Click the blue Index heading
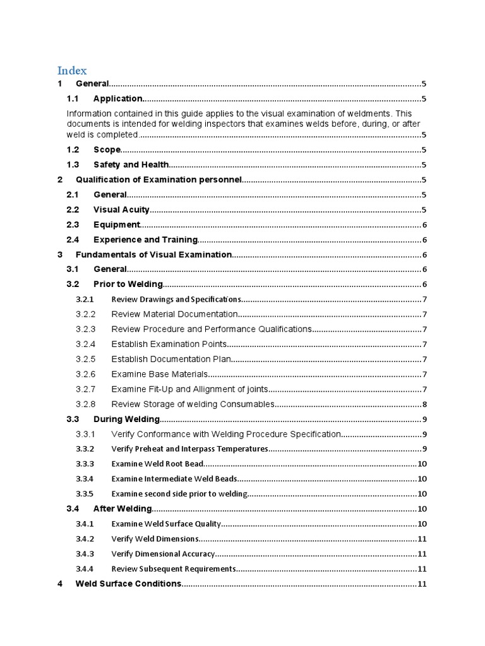coord(73,70)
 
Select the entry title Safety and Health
coord(131,165)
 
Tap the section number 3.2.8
coord(85,404)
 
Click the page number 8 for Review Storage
coord(425,404)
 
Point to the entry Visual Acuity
coord(121,209)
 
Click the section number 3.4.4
coord(85,568)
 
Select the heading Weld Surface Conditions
coord(128,584)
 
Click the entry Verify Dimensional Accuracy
coord(163,554)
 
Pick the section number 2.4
coord(73,240)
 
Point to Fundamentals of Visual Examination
coord(153,254)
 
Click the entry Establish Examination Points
coord(169,344)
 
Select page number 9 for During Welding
coord(425,419)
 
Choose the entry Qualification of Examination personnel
coord(159,180)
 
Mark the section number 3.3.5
coord(85,494)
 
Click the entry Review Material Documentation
coord(174,314)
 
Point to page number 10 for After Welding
coord(422,508)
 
